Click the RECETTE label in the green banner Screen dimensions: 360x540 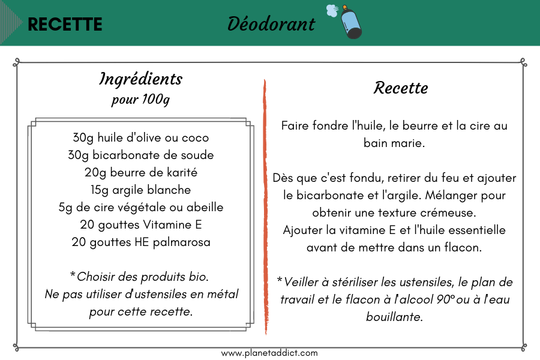pos(65,24)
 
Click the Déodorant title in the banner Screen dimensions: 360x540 pos(271,23)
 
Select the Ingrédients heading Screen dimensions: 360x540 pos(140,79)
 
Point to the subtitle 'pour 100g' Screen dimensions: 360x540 pos(140,99)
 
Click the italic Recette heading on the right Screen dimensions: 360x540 pos(401,88)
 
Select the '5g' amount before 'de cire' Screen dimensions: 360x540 pos(66,208)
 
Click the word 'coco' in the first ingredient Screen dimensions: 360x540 pos(196,138)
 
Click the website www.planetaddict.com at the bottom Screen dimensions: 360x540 pos(269,353)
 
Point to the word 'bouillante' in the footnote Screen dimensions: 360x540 pos(395,317)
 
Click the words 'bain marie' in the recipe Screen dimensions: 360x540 pos(395,143)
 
